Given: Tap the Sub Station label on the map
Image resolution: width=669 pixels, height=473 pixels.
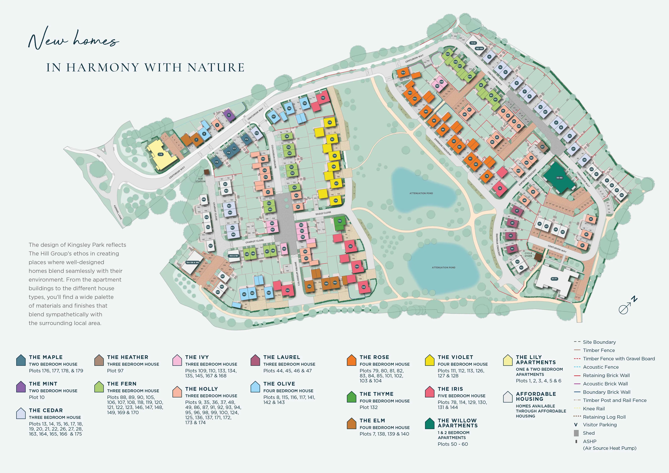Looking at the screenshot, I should pyautogui.click(x=201, y=180).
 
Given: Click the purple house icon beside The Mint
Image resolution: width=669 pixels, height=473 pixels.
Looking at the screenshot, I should pyautogui.click(x=21, y=387).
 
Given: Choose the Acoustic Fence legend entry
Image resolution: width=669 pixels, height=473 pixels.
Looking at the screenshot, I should pyautogui.click(x=601, y=367).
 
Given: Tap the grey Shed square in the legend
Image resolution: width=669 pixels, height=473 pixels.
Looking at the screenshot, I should pyautogui.click(x=576, y=433).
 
